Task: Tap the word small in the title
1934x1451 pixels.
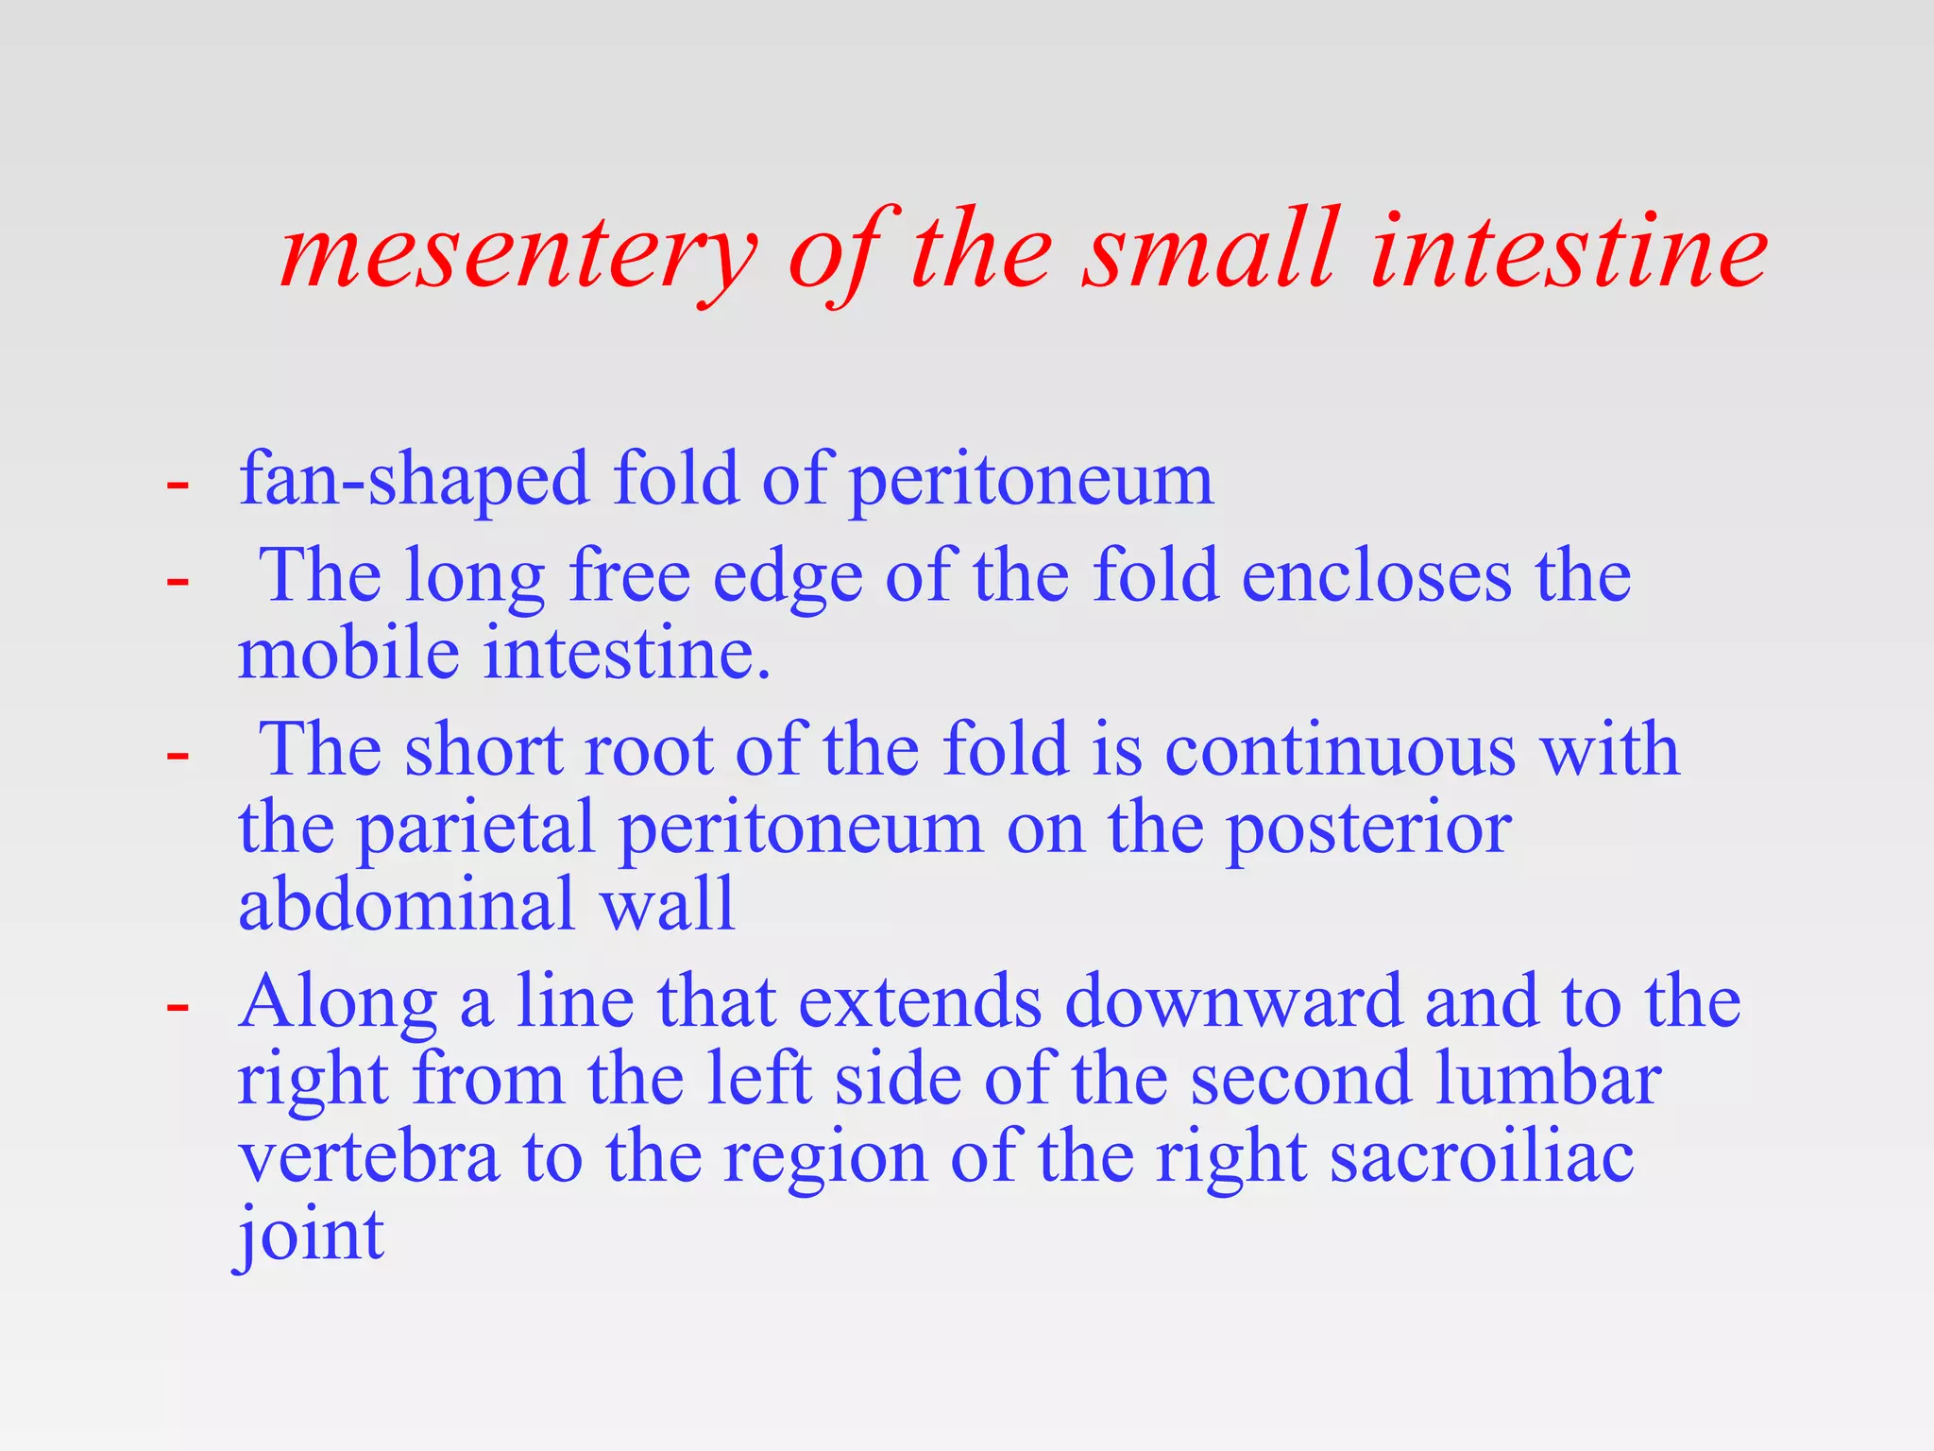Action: click(1212, 249)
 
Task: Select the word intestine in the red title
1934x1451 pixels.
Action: click(1568, 249)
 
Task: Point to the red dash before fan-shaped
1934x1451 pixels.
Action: click(178, 485)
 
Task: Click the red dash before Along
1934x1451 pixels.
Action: click(178, 1007)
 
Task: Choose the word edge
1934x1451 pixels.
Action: click(788, 578)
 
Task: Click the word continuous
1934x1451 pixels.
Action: click(1340, 749)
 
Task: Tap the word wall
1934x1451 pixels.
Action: click(669, 904)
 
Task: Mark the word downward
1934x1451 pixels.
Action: click(1233, 1001)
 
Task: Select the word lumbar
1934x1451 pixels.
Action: click(1548, 1079)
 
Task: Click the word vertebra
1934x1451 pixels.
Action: click(368, 1158)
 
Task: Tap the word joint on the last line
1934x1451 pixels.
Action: click(310, 1236)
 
